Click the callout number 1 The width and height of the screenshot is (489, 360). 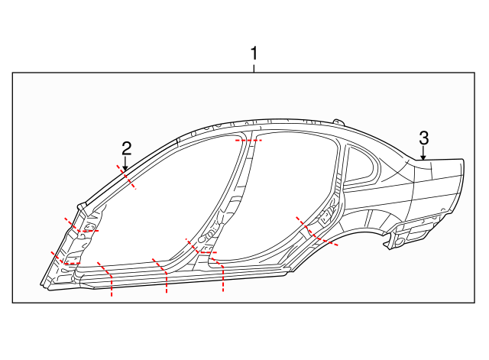254,54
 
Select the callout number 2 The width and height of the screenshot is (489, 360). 127,148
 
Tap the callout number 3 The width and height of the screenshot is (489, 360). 423,138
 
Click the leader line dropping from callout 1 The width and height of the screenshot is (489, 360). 254,67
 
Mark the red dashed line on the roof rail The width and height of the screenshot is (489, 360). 248,141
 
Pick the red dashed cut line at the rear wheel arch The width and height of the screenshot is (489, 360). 316,232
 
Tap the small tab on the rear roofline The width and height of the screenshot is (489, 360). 336,121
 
